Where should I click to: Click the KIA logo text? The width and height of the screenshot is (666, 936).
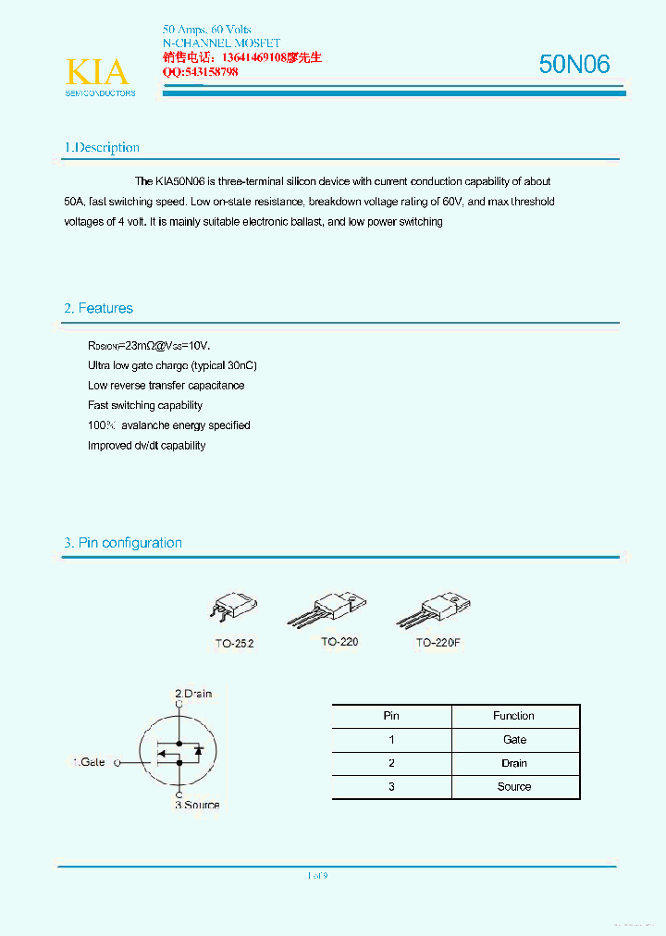[x=97, y=72]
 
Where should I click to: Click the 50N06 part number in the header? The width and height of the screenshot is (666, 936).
[x=574, y=64]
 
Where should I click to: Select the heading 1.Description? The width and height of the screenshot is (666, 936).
[x=102, y=148]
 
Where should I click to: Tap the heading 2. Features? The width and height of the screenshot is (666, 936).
[x=98, y=309]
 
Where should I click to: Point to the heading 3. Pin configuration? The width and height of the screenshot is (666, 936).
[x=123, y=543]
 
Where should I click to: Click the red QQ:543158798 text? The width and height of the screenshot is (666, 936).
[x=201, y=72]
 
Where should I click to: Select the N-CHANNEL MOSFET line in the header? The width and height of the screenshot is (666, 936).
[x=221, y=43]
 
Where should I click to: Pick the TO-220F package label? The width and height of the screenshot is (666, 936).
[x=438, y=642]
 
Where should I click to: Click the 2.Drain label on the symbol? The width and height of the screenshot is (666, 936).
[x=193, y=694]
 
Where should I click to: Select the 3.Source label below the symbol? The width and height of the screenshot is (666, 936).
[x=197, y=805]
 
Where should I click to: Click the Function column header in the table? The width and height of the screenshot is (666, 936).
[x=514, y=716]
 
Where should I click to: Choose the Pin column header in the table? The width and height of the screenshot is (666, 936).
[x=391, y=716]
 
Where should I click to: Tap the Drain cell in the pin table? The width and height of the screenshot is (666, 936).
[x=514, y=763]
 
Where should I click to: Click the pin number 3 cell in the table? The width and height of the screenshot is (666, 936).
[x=391, y=787]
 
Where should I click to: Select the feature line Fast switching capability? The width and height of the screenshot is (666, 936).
[x=145, y=405]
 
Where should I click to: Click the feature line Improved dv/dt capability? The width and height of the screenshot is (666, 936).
[x=146, y=446]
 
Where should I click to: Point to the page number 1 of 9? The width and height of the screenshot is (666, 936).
[x=317, y=876]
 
